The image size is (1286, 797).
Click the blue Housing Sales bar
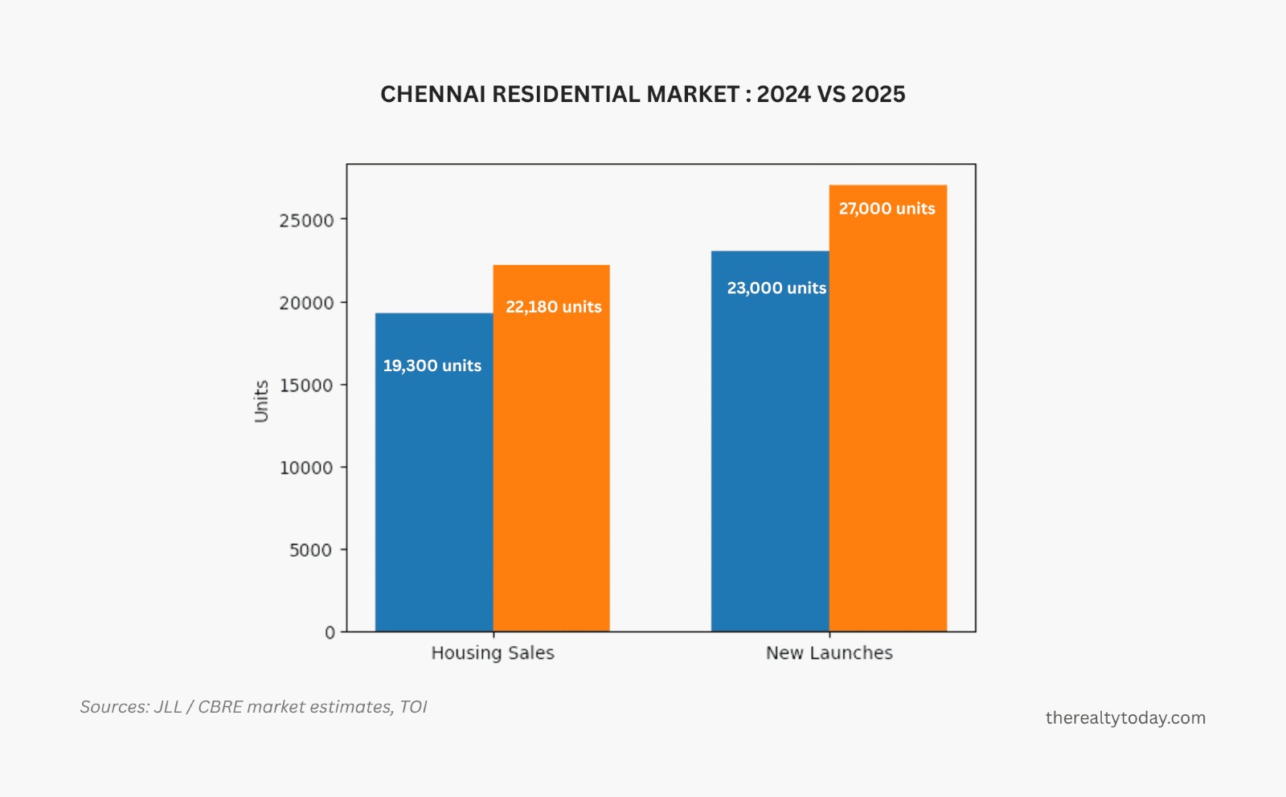click(434, 482)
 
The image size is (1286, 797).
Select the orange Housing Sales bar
click(551, 466)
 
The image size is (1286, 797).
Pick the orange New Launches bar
click(887, 426)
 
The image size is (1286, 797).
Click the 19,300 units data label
click(432, 366)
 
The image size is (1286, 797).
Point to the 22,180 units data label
click(554, 307)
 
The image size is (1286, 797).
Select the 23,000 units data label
click(776, 288)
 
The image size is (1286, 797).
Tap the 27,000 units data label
click(887, 209)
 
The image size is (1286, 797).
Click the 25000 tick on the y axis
click(306, 220)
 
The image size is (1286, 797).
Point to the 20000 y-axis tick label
click(306, 303)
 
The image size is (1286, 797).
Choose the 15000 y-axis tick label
click(306, 386)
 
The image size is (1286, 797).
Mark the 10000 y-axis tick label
click(306, 468)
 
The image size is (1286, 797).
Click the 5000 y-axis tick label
click(311, 550)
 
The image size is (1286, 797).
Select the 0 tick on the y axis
click(330, 632)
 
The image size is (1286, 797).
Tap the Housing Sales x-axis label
click(493, 653)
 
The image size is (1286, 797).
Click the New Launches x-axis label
click(829, 653)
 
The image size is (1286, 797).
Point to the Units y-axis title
click(261, 401)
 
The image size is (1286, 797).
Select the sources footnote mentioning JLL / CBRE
click(253, 707)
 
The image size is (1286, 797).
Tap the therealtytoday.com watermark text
click(1125, 718)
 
